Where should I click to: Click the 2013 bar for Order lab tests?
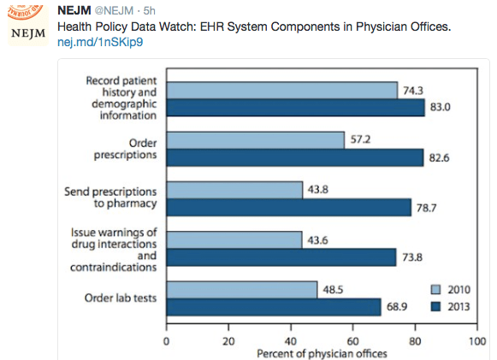[x=273, y=306]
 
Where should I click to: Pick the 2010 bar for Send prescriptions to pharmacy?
[x=234, y=190]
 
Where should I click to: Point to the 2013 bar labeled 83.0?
[x=295, y=109]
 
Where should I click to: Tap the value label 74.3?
[x=415, y=90]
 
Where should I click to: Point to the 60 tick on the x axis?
[x=352, y=339]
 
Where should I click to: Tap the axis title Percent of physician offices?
[x=321, y=352]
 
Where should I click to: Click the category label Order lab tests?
[x=121, y=298]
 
